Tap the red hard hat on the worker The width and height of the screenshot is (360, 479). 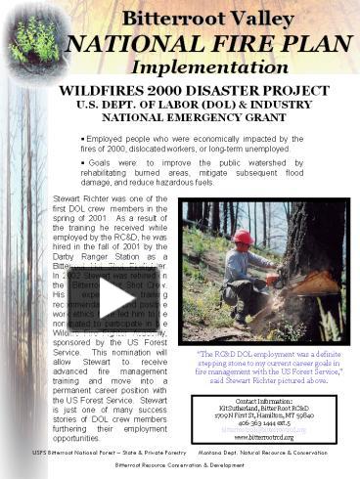[x=243, y=237]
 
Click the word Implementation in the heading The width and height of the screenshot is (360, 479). [x=208, y=68]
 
